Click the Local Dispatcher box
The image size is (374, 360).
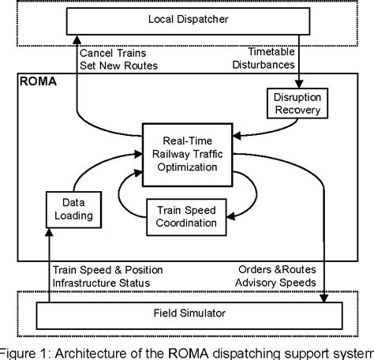(188, 21)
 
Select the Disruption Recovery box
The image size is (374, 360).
(297, 103)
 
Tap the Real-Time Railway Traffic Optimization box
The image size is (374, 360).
(188, 155)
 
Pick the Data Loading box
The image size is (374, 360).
(73, 209)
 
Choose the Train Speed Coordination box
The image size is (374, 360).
(186, 217)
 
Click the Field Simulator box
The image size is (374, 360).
(189, 316)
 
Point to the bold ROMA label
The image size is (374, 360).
(38, 81)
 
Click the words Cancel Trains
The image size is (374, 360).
(113, 53)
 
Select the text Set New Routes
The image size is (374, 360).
(118, 66)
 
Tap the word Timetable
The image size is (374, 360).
(271, 52)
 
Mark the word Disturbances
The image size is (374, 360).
(264, 65)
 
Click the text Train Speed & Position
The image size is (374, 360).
(108, 270)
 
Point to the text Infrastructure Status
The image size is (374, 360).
(101, 283)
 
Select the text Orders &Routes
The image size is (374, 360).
(277, 269)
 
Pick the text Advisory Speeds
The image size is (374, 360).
(275, 283)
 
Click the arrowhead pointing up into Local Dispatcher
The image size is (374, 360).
(77, 39)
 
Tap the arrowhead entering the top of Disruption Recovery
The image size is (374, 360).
(299, 84)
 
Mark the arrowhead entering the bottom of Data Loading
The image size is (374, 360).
(49, 232)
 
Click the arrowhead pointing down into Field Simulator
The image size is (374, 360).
(324, 298)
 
